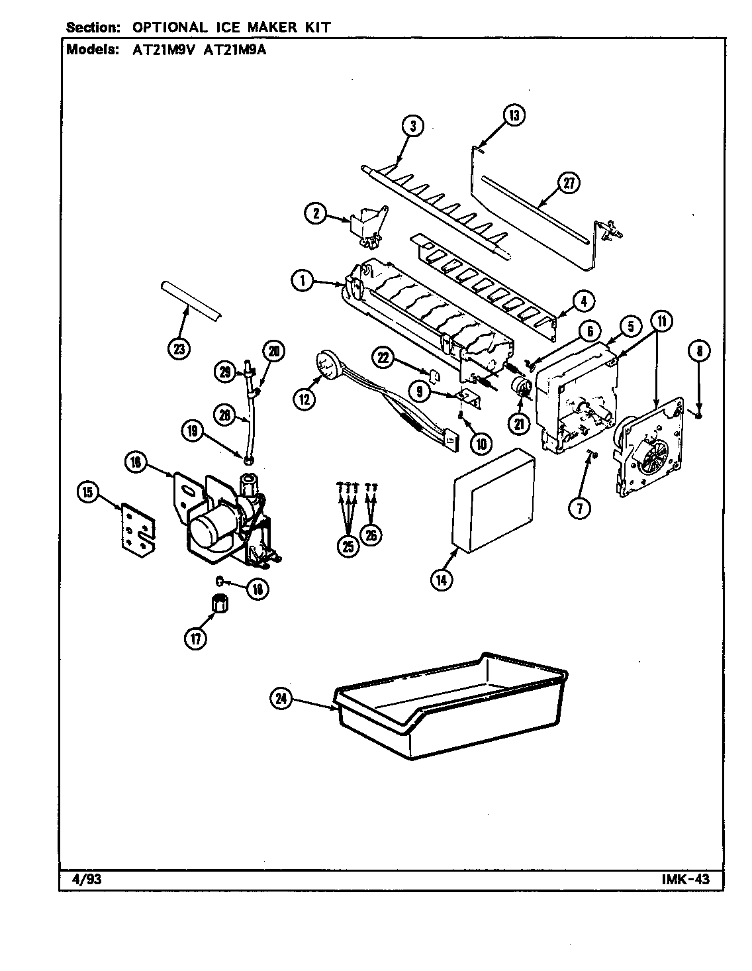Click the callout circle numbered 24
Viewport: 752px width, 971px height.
pyautogui.click(x=283, y=701)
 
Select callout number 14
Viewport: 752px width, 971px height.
pyautogui.click(x=442, y=579)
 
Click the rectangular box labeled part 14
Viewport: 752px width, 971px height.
pyautogui.click(x=493, y=500)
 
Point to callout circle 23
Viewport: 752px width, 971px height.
pyautogui.click(x=177, y=348)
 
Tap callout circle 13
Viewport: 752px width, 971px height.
pyautogui.click(x=514, y=115)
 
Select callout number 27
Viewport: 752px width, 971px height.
pyautogui.click(x=567, y=185)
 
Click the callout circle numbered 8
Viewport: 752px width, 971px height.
pyautogui.click(x=699, y=351)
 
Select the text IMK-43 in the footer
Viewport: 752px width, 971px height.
pyautogui.click(x=684, y=880)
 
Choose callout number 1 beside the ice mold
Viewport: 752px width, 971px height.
pyautogui.click(x=303, y=281)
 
